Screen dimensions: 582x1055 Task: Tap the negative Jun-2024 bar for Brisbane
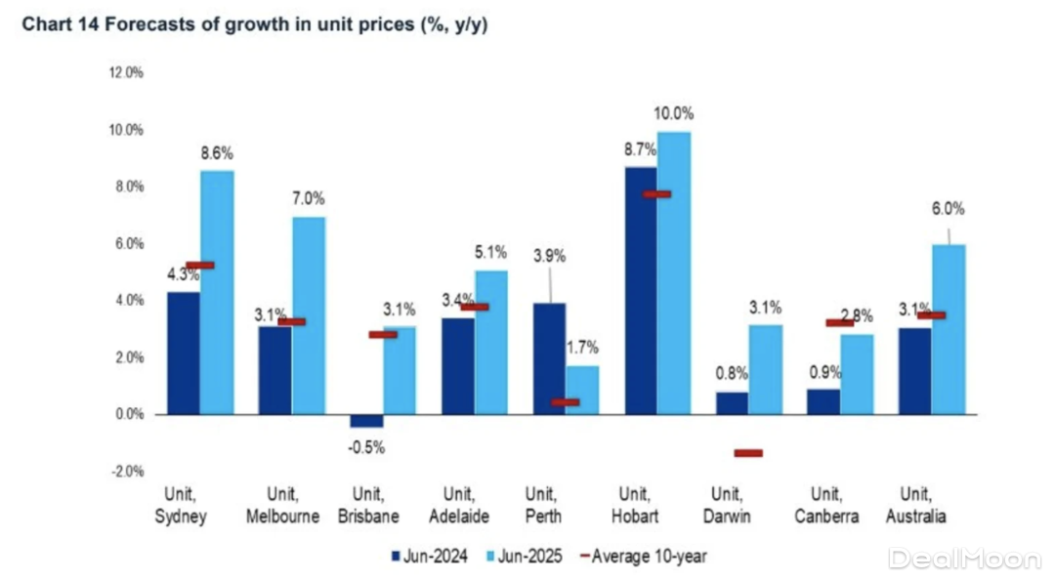click(x=366, y=421)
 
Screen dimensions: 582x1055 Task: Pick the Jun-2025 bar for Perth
click(x=582, y=390)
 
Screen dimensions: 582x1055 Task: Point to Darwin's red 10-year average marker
click(x=748, y=453)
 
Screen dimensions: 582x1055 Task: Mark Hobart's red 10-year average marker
click(x=656, y=194)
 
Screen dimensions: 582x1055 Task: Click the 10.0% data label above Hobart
click(x=674, y=113)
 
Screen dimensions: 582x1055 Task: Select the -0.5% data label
click(x=367, y=448)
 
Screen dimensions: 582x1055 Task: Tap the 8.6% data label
click(x=217, y=153)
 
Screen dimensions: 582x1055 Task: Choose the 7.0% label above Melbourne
click(x=309, y=198)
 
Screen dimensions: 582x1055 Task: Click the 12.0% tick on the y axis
click(x=126, y=73)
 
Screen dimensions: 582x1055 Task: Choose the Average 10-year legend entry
click(x=643, y=557)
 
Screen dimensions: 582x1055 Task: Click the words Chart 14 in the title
click(x=63, y=24)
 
